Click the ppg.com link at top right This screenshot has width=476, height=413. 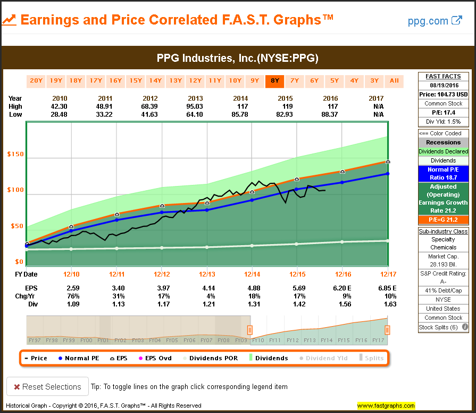tap(435, 21)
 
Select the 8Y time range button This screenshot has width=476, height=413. tap(274, 81)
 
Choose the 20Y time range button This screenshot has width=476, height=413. tap(36, 81)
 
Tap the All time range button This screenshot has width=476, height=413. tap(394, 81)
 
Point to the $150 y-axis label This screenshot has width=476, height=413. tap(15, 154)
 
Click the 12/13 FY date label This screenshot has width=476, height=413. tap(207, 274)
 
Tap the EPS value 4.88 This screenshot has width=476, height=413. tap(252, 288)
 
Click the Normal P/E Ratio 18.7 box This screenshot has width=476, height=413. tap(443, 173)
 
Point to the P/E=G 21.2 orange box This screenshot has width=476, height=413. tap(443, 220)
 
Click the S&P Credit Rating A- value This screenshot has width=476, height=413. tap(443, 282)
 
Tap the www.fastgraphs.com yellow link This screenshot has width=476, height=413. tap(386, 406)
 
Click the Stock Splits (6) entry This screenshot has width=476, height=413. tap(440, 327)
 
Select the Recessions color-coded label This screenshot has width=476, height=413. tap(443, 142)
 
